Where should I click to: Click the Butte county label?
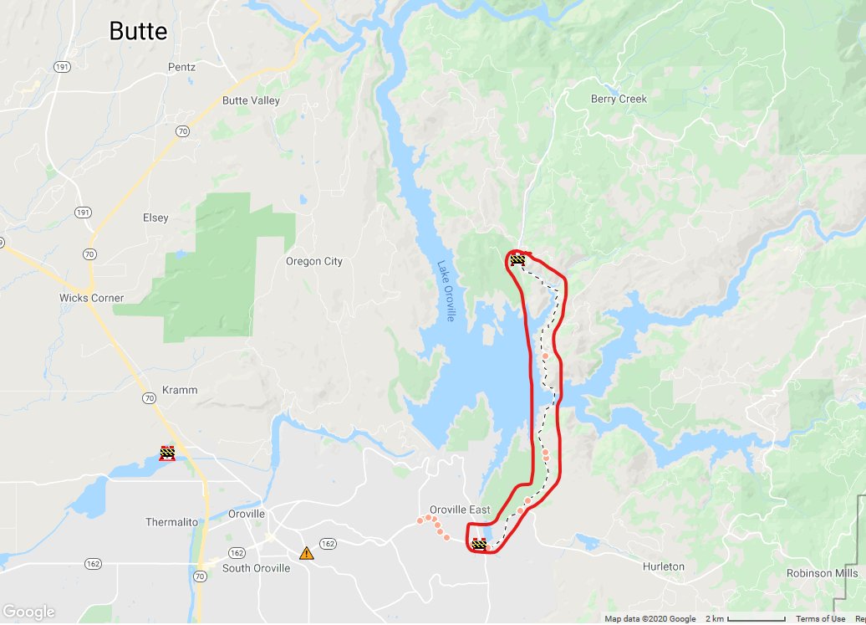coord(139,32)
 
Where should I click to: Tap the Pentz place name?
coord(181,67)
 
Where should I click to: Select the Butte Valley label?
coord(251,100)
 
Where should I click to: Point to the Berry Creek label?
coord(619,99)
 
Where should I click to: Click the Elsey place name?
coord(155,218)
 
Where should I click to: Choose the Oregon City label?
coord(314,261)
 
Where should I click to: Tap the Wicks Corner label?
coord(91,298)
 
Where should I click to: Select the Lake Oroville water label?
coord(446,291)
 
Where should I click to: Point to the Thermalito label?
coord(172,522)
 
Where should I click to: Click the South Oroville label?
coord(256,568)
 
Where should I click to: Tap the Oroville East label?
coord(460,510)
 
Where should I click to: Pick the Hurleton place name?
coord(664,566)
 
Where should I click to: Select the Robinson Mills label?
coord(822,573)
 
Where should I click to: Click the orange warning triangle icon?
coord(307,553)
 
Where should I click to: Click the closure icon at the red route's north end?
coord(517,260)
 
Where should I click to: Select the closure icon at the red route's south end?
coord(479,544)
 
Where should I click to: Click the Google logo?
coord(28,612)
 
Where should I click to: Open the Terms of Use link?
coord(820,619)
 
